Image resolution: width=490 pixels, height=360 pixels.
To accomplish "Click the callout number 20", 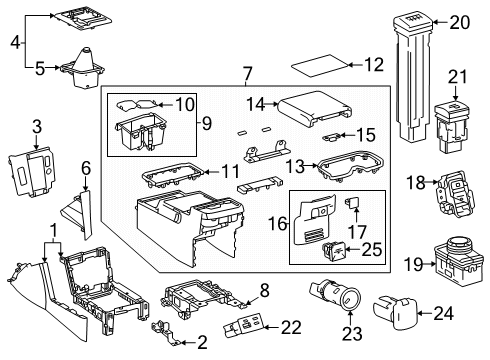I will point(460,22).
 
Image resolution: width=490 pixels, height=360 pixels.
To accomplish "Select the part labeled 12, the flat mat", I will point(320,67).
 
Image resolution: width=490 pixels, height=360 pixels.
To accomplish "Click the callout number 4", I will point(14,42).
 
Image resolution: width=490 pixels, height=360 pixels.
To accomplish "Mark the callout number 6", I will point(86,171).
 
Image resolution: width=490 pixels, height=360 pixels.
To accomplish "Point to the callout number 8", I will point(265,290).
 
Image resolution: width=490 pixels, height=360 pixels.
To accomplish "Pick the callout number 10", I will point(186,104).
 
